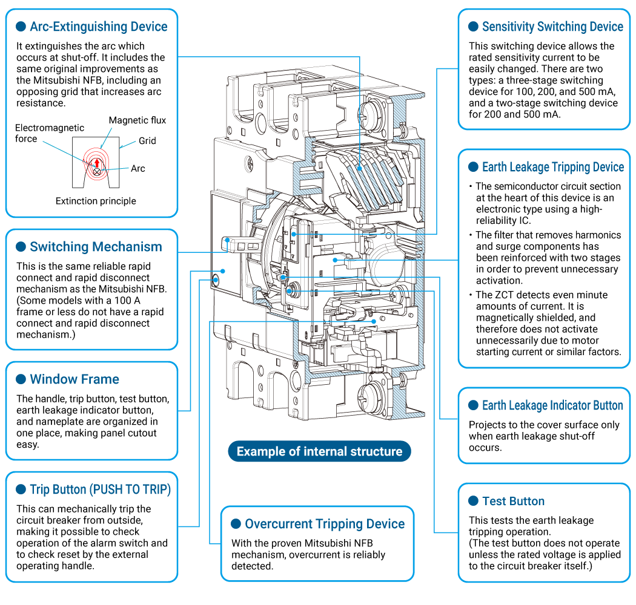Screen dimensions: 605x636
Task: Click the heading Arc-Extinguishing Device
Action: (98, 27)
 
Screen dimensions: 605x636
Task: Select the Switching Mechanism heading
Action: (96, 247)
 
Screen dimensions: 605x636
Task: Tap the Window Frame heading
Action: (75, 379)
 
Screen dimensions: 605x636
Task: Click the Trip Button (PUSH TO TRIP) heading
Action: (101, 489)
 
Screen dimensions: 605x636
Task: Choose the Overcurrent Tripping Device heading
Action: (325, 524)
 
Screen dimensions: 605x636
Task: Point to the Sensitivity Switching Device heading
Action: (552, 27)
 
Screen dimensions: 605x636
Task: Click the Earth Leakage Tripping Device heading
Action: (553, 167)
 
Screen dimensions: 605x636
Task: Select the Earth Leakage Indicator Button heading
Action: (552, 405)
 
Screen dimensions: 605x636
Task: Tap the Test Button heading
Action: (513, 501)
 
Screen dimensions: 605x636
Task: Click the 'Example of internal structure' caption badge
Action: (319, 451)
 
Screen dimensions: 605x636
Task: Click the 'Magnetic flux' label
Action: (137, 120)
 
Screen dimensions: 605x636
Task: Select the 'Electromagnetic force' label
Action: (50, 133)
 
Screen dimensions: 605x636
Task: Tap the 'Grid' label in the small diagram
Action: (147, 140)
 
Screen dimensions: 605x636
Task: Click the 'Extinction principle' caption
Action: (96, 201)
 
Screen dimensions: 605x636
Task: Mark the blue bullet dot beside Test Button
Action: (473, 501)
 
